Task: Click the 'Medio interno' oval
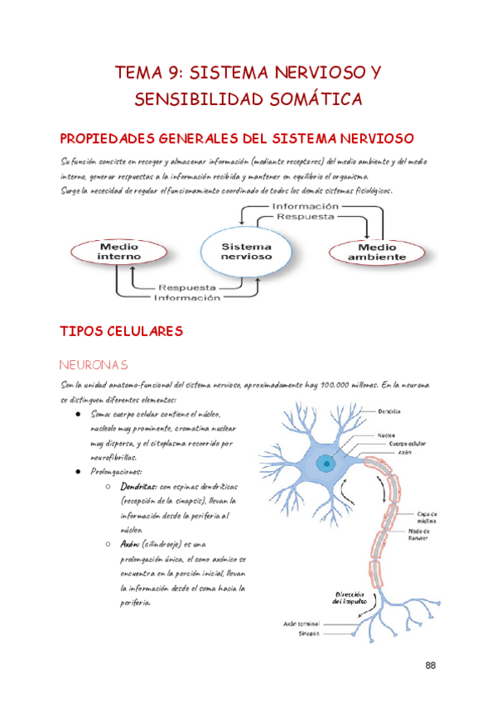pyautogui.click(x=119, y=252)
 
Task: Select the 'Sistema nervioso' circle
pyautogui.click(x=247, y=252)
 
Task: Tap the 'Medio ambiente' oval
pyautogui.click(x=376, y=252)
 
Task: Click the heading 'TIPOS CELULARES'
pyautogui.click(x=122, y=332)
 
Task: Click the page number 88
pyautogui.click(x=430, y=665)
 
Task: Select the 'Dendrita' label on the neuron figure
pyautogui.click(x=391, y=411)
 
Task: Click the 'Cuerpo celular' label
pyautogui.click(x=408, y=443)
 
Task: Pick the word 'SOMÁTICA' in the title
pyautogui.click(x=312, y=99)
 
